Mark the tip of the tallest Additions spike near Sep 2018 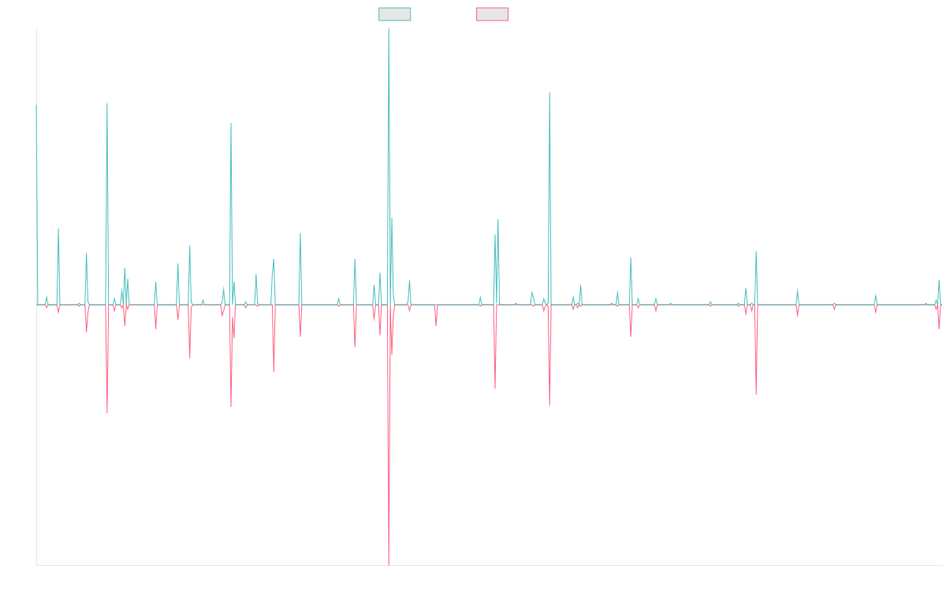pos(389,29)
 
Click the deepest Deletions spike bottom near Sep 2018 pos(389,565)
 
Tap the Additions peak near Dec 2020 pos(549,93)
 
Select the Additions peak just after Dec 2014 pos(107,103)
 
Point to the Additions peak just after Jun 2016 pos(231,123)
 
